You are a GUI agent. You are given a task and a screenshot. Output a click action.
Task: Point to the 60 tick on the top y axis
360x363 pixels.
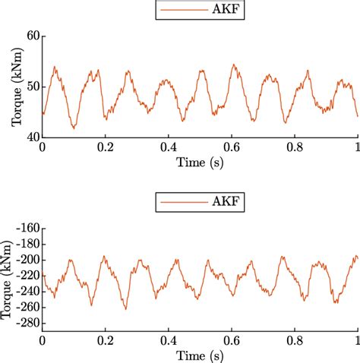(31, 36)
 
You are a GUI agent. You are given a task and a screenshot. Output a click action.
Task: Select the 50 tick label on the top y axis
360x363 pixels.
(31, 87)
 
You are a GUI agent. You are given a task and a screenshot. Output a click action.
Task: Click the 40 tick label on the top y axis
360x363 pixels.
(31, 137)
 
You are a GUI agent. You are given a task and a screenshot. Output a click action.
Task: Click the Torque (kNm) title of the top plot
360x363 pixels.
(9, 87)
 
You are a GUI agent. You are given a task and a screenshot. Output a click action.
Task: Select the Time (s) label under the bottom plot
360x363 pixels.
(200, 354)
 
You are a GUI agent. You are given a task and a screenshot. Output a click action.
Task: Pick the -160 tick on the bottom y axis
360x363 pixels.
(26, 228)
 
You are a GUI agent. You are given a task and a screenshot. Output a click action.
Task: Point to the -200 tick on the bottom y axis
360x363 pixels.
(26, 260)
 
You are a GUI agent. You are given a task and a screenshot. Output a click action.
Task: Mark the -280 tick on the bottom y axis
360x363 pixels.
(26, 324)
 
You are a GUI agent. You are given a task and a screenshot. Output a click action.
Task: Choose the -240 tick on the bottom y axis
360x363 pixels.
(26, 292)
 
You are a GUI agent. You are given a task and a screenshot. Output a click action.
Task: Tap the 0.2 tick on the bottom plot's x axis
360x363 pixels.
(105, 339)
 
